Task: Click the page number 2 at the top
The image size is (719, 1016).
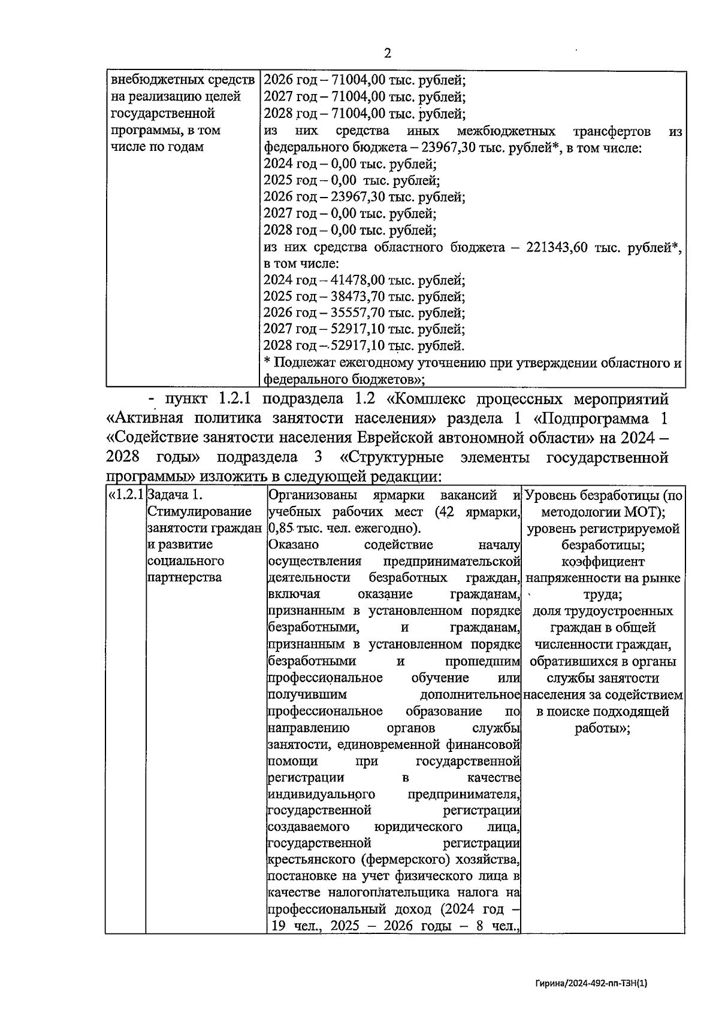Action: pyautogui.click(x=387, y=53)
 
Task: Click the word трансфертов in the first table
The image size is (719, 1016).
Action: pyautogui.click(x=612, y=131)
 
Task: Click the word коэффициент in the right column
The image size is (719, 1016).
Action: pyautogui.click(x=603, y=562)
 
